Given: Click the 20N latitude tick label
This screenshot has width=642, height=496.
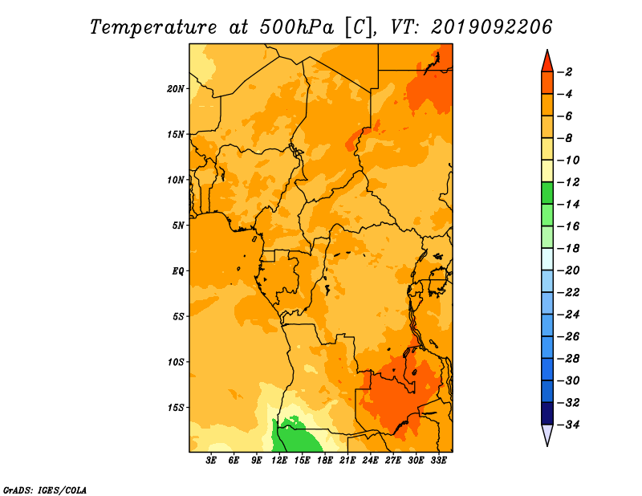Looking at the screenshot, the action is pyautogui.click(x=175, y=89).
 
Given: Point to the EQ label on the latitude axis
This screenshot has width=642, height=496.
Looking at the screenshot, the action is pyautogui.click(x=178, y=271).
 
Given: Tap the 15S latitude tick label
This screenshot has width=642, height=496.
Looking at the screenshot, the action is pyautogui.click(x=175, y=408).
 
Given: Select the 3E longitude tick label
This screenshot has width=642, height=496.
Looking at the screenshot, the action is pyautogui.click(x=211, y=461).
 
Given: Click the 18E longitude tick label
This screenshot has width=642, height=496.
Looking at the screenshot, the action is pyautogui.click(x=325, y=461).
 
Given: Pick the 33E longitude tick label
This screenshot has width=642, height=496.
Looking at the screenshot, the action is pyautogui.click(x=438, y=461).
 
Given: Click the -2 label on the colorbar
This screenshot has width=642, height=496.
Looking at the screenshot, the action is pyautogui.click(x=565, y=72).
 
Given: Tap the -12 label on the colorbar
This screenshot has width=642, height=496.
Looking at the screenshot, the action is pyautogui.click(x=568, y=182).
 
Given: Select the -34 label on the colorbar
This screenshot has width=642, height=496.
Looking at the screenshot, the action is pyautogui.click(x=568, y=425).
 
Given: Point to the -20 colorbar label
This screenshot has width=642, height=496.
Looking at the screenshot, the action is pyautogui.click(x=568, y=270).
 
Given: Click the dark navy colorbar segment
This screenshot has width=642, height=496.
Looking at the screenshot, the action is pyautogui.click(x=547, y=413).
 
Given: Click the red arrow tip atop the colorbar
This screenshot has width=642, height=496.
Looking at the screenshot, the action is pyautogui.click(x=547, y=51).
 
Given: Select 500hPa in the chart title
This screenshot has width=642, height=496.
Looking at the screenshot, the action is pyautogui.click(x=297, y=27).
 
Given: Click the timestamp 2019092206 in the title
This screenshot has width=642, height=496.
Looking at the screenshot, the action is pyautogui.click(x=491, y=27).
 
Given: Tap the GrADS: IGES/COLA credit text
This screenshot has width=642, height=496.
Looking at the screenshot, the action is pyautogui.click(x=45, y=490).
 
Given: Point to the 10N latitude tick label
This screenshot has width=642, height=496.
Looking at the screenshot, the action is pyautogui.click(x=175, y=180).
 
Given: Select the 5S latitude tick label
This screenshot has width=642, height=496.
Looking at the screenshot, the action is pyautogui.click(x=178, y=316).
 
